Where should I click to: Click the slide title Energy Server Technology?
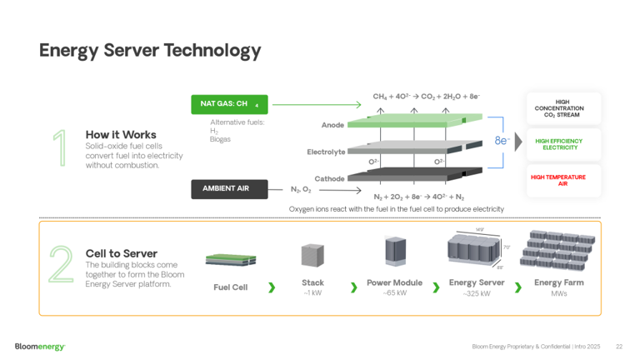(x=150, y=51)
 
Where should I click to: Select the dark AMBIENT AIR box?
(x=229, y=189)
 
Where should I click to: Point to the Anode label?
(x=332, y=125)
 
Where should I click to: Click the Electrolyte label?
(x=326, y=152)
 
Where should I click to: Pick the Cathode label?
(x=329, y=178)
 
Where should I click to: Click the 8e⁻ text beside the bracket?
(x=502, y=141)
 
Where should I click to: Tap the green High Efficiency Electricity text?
(x=560, y=144)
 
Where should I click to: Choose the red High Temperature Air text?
(x=558, y=180)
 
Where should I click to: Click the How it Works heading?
(x=121, y=134)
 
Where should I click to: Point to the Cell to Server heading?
(x=121, y=253)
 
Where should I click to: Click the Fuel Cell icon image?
(x=231, y=260)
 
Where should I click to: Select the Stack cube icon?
(x=312, y=255)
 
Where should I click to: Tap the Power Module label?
(x=394, y=282)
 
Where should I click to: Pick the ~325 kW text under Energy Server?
(x=477, y=293)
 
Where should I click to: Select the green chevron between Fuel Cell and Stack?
(x=272, y=287)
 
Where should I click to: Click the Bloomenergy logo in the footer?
(x=40, y=346)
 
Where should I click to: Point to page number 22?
(x=619, y=346)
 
